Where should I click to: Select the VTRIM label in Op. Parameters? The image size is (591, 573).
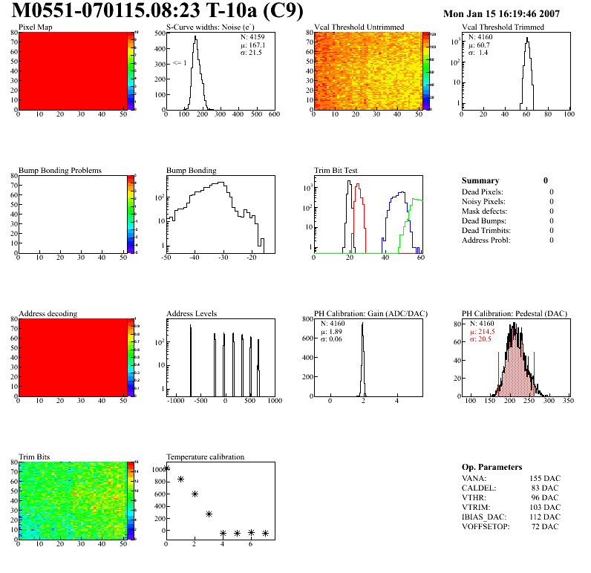click(x=475, y=507)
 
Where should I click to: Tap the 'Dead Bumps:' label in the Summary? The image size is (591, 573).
click(x=483, y=220)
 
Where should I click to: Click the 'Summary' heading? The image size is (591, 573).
click(x=480, y=180)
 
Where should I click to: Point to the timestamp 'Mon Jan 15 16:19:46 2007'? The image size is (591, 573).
click(x=512, y=13)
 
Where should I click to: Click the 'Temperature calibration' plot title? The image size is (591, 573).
click(x=205, y=456)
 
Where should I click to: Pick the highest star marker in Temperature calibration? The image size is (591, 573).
click(x=166, y=468)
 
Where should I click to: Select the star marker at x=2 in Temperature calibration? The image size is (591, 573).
click(x=195, y=494)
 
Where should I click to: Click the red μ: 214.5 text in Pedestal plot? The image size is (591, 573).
click(x=481, y=331)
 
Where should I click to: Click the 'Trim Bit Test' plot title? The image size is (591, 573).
click(x=336, y=170)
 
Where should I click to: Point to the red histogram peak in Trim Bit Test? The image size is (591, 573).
click(x=358, y=186)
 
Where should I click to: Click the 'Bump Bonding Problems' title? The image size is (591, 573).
click(x=60, y=170)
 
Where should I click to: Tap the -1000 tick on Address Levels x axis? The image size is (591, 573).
click(x=176, y=400)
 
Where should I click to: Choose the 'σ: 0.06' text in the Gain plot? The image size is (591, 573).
click(x=332, y=339)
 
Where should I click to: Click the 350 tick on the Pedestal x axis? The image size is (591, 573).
click(x=568, y=400)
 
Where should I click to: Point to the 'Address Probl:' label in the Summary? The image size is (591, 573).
click(x=486, y=240)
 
